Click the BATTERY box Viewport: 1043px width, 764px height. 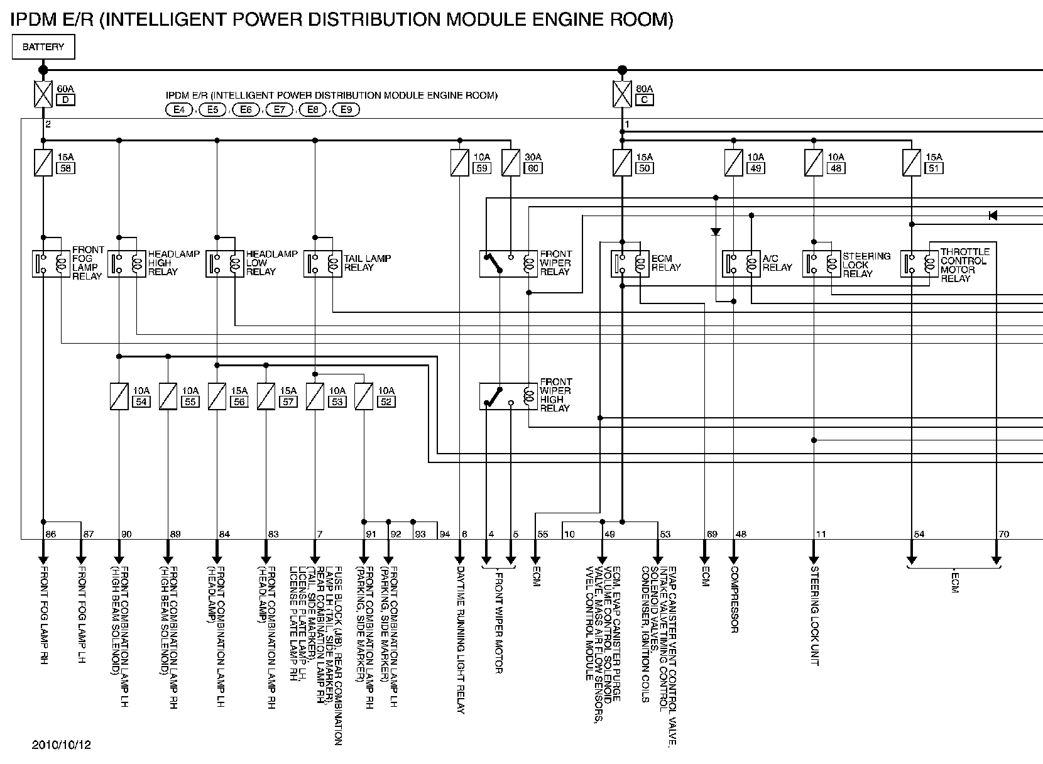click(43, 47)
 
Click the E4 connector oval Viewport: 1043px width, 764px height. click(180, 110)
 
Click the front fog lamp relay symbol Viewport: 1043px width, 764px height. click(51, 264)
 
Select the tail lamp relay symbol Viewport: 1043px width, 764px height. click(323, 264)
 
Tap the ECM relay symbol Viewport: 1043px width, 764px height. click(630, 264)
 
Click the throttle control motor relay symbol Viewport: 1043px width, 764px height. click(919, 264)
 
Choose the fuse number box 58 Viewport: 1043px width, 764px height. click(65, 168)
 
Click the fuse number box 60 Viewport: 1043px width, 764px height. click(533, 168)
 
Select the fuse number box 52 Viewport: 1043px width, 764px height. click(386, 402)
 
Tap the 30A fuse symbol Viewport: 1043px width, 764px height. click(511, 162)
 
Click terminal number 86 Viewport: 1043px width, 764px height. click(51, 534)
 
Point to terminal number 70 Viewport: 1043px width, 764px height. click(1003, 534)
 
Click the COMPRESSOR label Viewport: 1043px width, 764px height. click(733, 599)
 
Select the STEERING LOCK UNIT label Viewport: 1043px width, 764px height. click(814, 616)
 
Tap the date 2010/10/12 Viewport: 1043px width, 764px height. click(62, 745)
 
